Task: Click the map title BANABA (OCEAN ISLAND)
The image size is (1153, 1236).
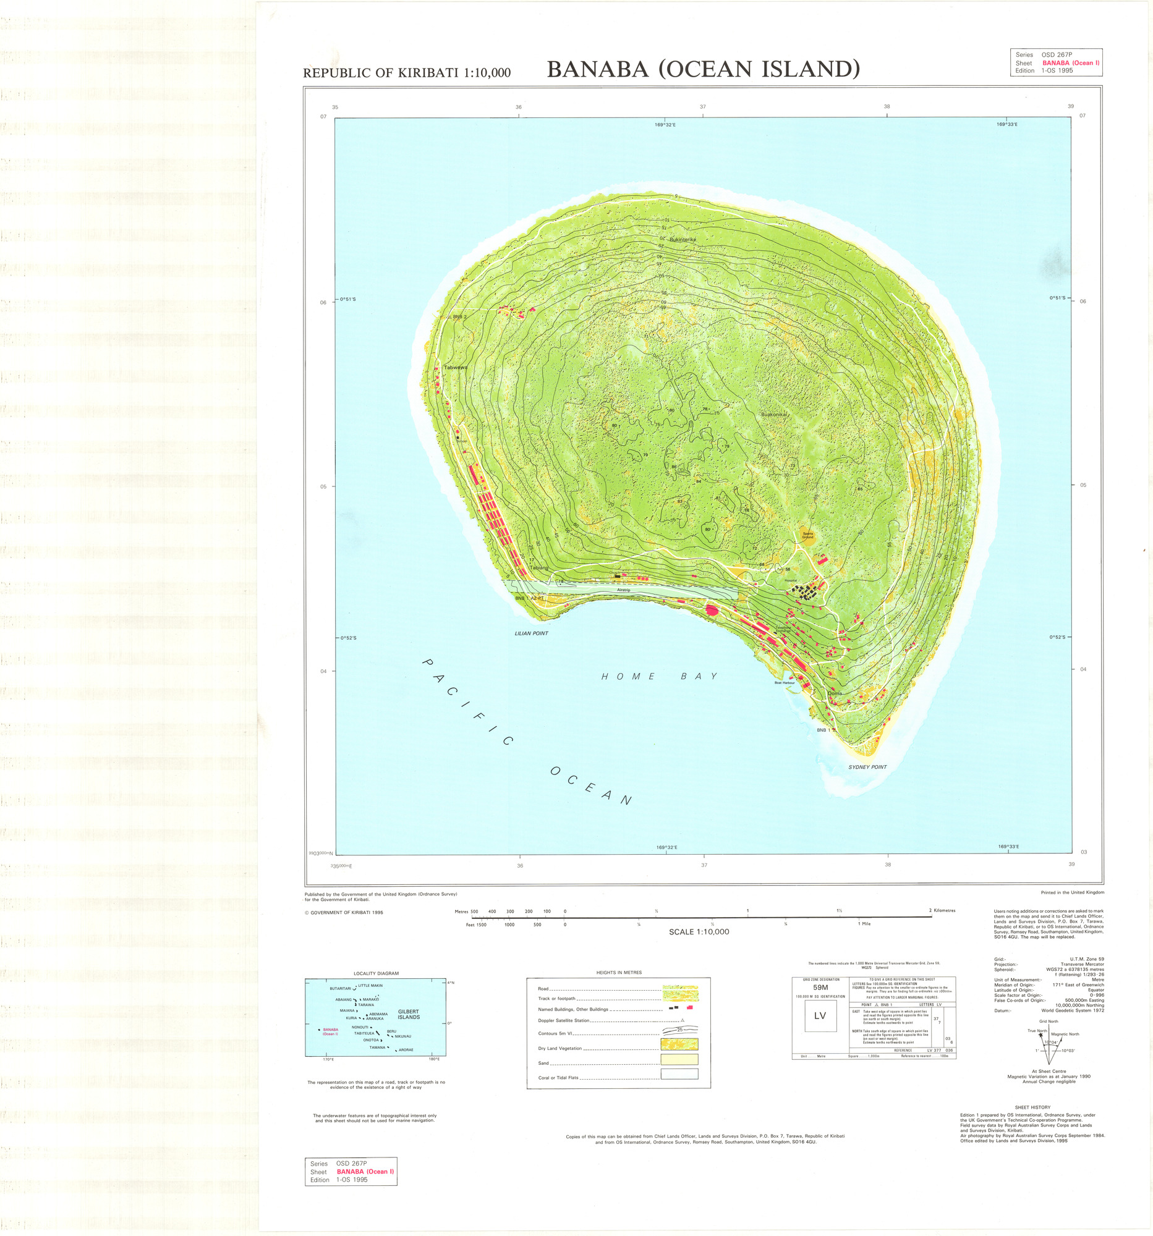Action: (x=703, y=69)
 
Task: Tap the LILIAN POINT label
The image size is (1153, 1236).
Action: (x=531, y=633)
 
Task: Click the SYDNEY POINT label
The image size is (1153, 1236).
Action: (x=867, y=766)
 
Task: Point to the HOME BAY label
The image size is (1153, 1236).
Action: (x=658, y=676)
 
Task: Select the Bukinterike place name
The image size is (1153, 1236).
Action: (x=683, y=239)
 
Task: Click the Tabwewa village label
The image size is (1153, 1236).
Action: (x=454, y=368)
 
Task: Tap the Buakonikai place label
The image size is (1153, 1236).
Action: (x=773, y=414)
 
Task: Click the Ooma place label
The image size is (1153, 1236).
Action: (x=835, y=693)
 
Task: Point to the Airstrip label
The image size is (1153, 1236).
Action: (x=624, y=590)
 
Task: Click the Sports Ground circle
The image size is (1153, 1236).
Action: (x=807, y=535)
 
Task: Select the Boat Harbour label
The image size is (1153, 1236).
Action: (x=784, y=683)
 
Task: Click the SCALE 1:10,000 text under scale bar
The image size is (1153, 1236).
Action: (x=699, y=931)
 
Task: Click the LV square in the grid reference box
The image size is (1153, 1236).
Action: (x=820, y=1015)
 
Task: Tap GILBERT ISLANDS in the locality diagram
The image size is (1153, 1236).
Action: (x=408, y=1014)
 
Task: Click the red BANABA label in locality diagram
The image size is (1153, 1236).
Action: (x=330, y=1031)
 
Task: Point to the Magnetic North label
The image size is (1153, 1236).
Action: (x=1065, y=1034)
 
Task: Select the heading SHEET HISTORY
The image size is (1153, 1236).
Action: (x=1032, y=1107)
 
